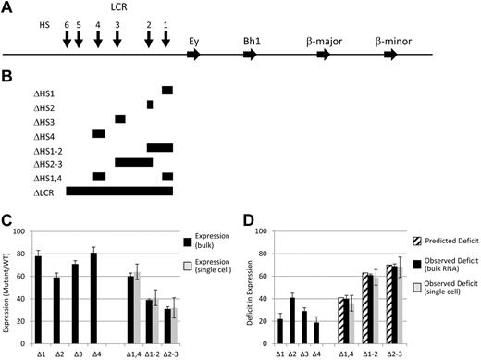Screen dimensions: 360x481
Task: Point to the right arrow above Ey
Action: pyautogui.click(x=192, y=56)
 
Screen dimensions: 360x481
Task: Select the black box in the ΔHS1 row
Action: pyautogui.click(x=166, y=90)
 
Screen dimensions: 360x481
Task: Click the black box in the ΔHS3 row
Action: pyautogui.click(x=120, y=118)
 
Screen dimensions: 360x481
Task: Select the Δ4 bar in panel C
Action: pyautogui.click(x=93, y=297)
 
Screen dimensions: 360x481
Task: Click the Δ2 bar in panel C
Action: pyautogui.click(x=55, y=306)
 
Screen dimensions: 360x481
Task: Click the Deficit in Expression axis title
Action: pyautogui.click(x=255, y=292)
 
